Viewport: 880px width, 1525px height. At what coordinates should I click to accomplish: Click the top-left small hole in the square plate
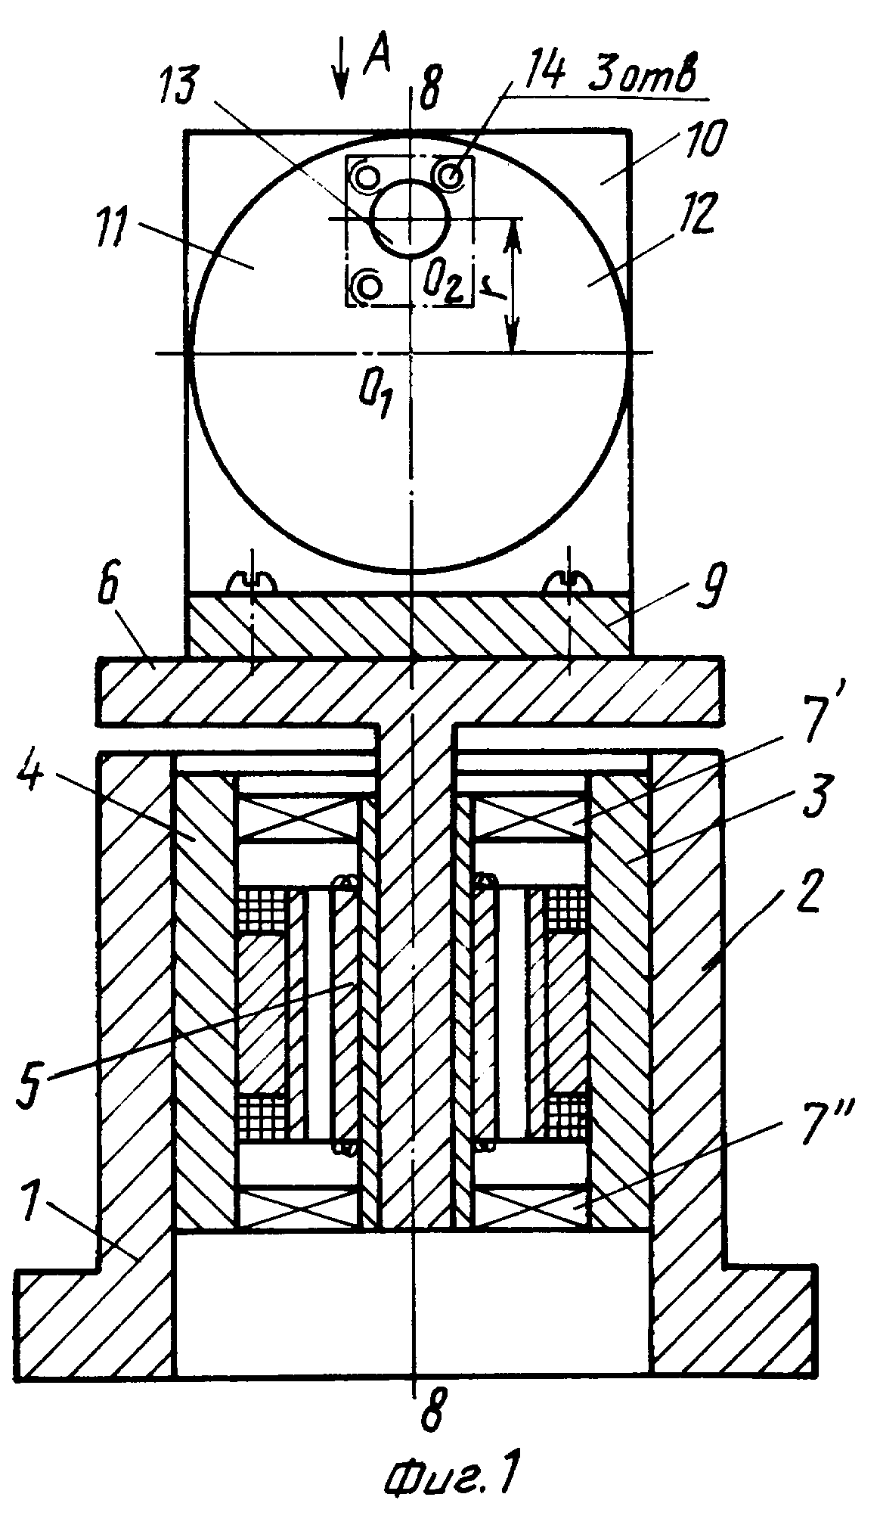click(x=368, y=177)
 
